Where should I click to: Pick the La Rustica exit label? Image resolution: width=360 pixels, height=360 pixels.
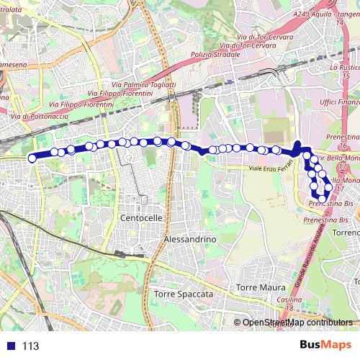coord(344,67)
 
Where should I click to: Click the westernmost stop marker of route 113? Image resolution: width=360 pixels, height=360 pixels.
coord(32,158)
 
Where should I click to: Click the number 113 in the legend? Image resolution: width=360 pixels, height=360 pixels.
coord(30,346)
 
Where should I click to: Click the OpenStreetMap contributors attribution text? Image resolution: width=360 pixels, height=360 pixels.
coord(297,323)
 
